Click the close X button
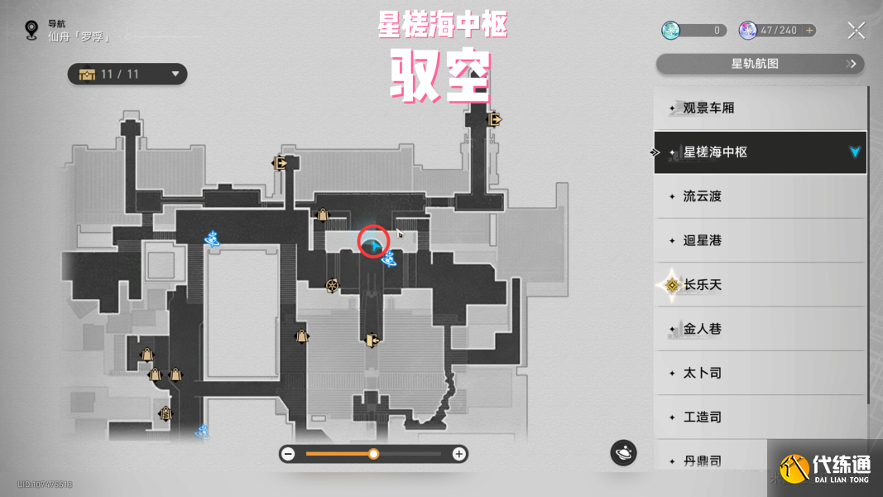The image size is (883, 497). point(856,31)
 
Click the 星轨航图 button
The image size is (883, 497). point(759,64)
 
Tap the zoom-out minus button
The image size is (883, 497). point(288,454)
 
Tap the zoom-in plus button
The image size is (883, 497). point(458,454)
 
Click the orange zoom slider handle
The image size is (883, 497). point(374,454)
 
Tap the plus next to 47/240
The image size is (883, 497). point(809,31)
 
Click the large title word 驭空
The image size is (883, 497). point(441,77)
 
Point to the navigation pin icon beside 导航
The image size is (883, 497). point(32,31)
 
